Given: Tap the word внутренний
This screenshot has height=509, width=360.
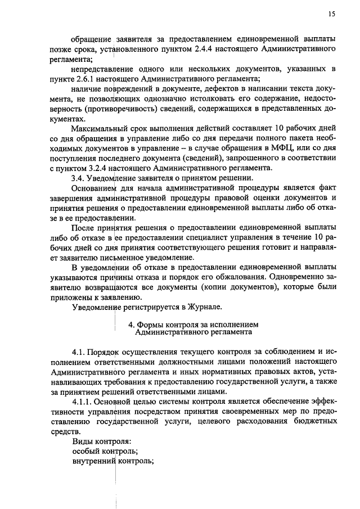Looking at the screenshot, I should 93,461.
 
